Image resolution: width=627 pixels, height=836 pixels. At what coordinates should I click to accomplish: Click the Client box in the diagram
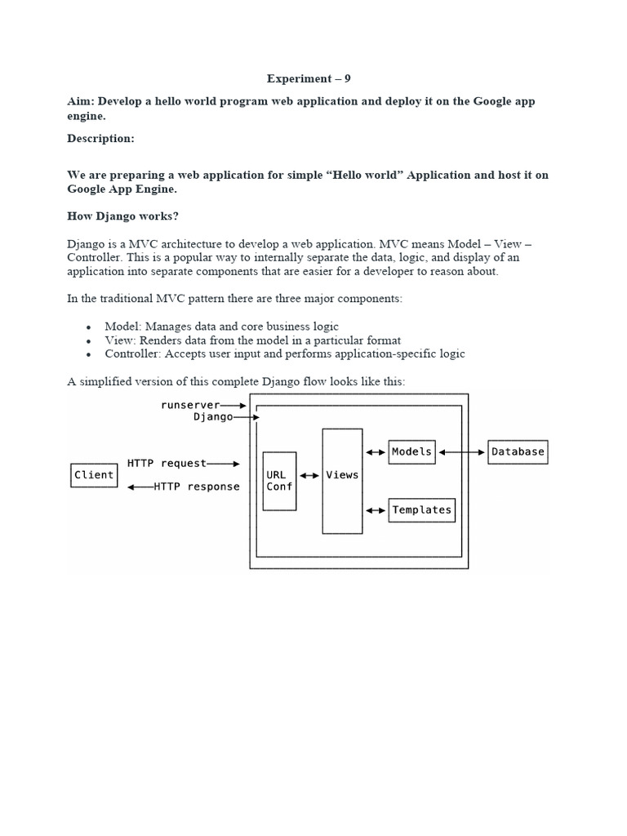[94, 475]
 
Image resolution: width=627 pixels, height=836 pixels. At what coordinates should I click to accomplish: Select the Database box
[518, 451]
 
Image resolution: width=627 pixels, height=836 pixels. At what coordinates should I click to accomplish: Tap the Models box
[411, 451]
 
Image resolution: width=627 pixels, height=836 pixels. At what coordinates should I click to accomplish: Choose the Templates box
[421, 510]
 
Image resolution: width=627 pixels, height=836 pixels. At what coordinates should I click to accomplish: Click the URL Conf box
[279, 481]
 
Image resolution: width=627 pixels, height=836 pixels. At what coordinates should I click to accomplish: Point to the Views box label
[342, 474]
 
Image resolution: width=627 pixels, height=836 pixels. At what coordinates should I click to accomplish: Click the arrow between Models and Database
[461, 451]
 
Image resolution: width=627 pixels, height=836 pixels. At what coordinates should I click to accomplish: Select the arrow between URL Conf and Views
[309, 475]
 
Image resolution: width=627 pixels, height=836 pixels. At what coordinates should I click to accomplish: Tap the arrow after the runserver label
[233, 405]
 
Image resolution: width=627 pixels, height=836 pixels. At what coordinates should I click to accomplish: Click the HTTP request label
[167, 463]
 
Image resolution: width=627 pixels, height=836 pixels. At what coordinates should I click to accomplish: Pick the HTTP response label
[197, 487]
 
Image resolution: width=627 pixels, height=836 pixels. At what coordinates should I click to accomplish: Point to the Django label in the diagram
[212, 416]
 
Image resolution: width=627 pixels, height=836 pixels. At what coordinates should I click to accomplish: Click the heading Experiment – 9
[309, 79]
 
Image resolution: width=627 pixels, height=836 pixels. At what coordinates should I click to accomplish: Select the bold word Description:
[100, 139]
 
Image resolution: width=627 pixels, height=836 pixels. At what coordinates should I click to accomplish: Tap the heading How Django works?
[122, 216]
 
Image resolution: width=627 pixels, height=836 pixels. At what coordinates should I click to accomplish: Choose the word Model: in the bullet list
[122, 327]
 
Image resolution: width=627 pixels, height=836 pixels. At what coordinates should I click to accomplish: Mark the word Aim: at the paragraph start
[80, 101]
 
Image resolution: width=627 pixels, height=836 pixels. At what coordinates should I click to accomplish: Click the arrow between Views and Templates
[376, 510]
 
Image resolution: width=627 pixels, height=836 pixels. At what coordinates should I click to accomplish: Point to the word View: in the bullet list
[120, 340]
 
